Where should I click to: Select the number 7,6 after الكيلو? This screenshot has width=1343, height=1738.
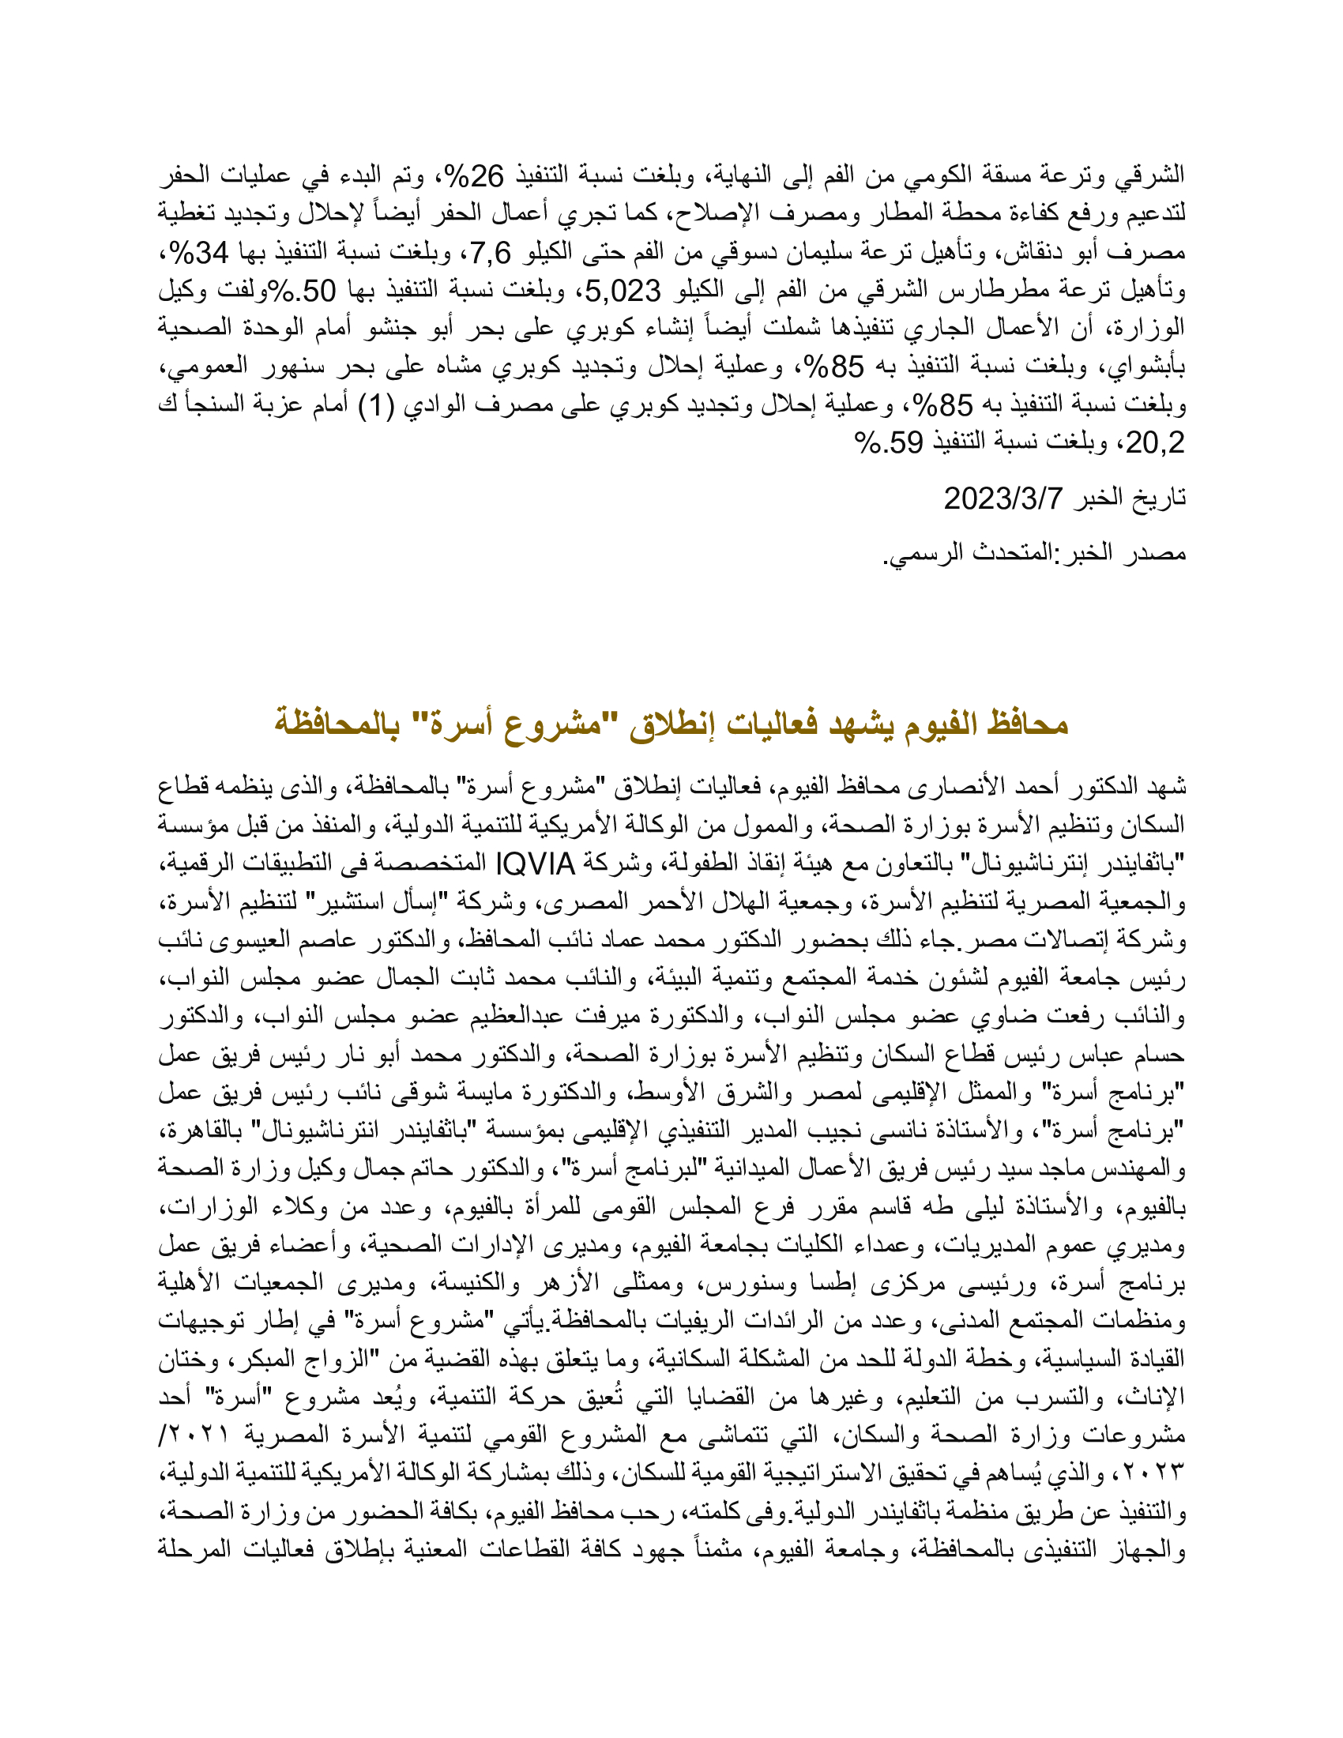(x=490, y=253)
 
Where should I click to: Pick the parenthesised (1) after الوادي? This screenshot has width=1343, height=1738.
(x=377, y=406)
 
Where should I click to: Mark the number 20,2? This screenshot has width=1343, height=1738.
(x=1155, y=443)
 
